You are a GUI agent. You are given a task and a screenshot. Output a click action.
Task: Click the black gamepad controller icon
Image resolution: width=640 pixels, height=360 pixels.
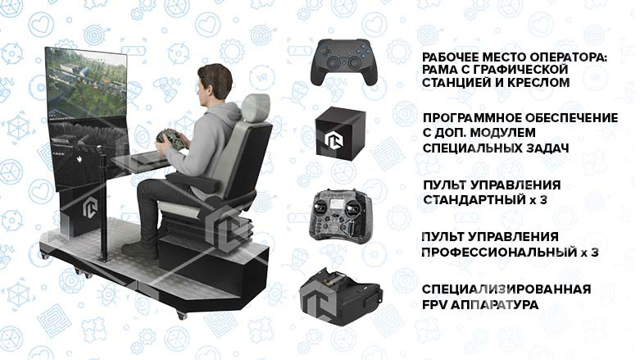(342, 62)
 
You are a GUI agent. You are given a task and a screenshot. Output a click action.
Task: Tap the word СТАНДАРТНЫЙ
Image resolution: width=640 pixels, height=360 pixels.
(470, 199)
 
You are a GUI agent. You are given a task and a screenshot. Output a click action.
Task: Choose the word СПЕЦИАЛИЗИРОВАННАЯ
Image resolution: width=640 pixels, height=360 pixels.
(506, 290)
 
